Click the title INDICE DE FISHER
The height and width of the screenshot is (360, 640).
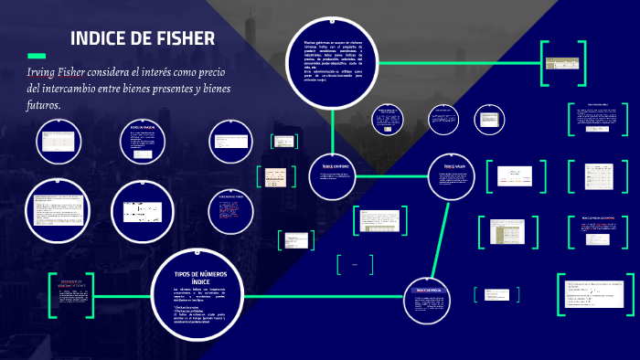click(x=143, y=38)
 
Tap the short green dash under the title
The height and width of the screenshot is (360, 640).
click(x=37, y=56)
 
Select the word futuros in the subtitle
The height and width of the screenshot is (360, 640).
click(x=43, y=105)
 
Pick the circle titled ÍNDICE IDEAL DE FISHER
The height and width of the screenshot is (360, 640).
click(x=231, y=210)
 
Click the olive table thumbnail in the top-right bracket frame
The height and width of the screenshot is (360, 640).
click(x=558, y=63)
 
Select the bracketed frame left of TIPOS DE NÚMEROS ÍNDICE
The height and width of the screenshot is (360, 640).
click(x=71, y=295)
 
